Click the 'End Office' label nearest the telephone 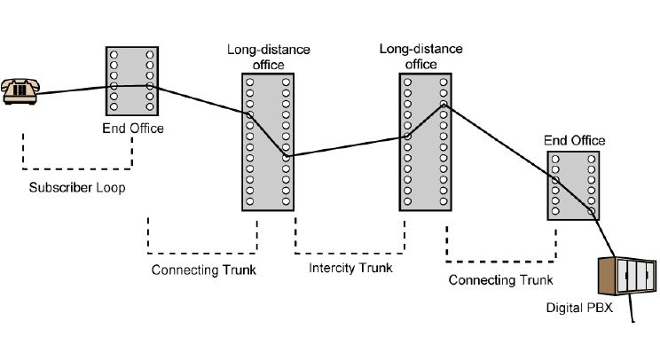(x=132, y=129)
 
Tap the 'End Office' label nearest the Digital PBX (x=574, y=140)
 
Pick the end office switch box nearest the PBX (x=573, y=184)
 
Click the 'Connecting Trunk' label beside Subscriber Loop (x=203, y=270)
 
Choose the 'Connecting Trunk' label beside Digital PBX (x=499, y=279)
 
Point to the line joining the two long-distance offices (x=346, y=146)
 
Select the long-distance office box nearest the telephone (x=268, y=141)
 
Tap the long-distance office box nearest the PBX (x=424, y=141)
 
